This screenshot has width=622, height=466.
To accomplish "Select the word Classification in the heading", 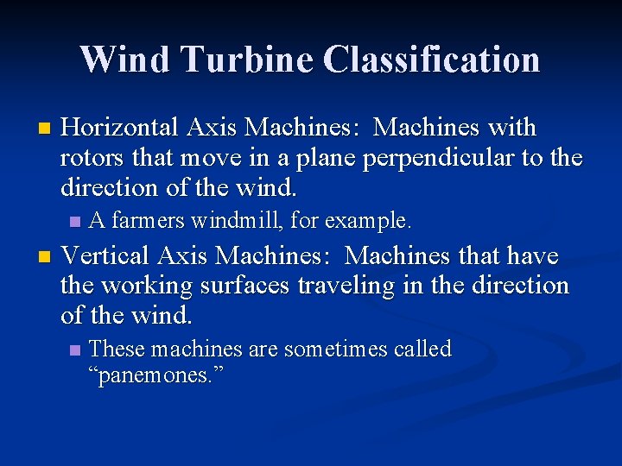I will point(432,60).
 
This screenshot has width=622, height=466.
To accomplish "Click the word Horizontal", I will point(120,128).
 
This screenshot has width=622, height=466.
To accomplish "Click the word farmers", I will point(148,221).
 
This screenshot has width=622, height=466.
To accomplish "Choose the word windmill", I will point(236,221).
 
